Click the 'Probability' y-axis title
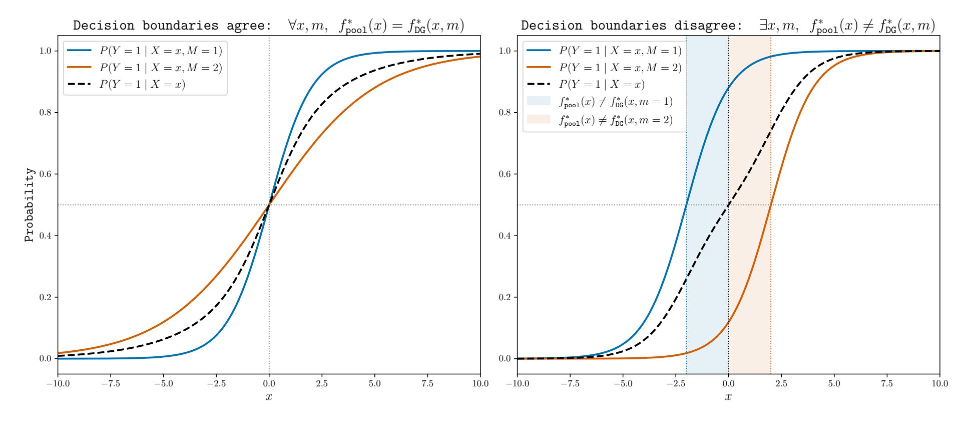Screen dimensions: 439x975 30,204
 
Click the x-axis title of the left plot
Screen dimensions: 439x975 269,397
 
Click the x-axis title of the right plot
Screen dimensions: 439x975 728,397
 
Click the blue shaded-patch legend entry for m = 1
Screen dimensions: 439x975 615,101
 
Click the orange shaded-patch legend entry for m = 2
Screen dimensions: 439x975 615,119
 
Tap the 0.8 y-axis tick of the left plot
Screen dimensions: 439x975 46,112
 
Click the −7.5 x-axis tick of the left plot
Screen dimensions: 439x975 111,384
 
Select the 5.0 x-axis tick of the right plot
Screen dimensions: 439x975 834,384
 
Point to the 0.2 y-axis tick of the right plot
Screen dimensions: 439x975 505,297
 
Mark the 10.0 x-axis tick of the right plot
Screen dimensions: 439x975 939,384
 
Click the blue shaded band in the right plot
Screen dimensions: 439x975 707,276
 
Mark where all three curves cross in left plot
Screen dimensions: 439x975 269,204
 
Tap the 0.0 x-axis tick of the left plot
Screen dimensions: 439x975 269,384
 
